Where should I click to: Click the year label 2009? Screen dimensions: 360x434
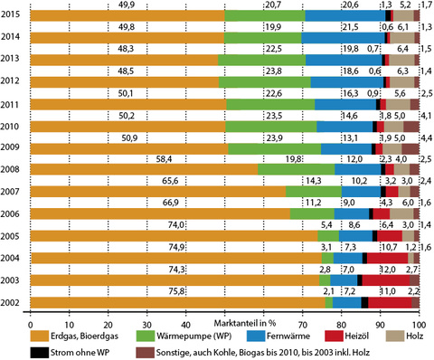pos(13,147)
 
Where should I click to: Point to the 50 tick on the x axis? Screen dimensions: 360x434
pos(225,323)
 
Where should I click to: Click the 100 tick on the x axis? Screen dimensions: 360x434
pos(417,323)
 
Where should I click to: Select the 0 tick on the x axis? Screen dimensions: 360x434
pos(31,323)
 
